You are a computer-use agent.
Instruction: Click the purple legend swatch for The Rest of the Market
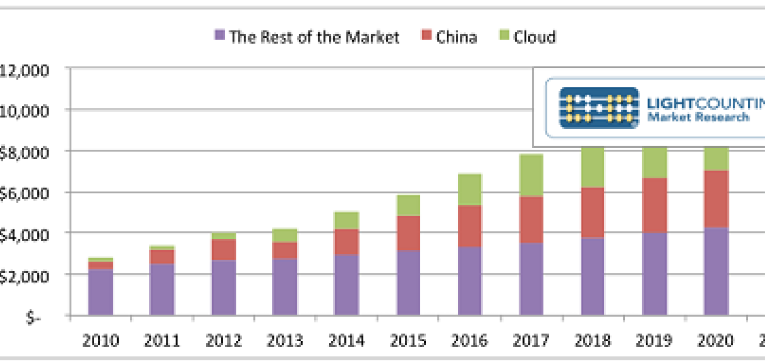tap(219, 35)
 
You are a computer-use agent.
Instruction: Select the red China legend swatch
tap(426, 35)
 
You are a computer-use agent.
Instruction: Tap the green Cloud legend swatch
tap(504, 35)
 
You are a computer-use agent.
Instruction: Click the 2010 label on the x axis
tap(101, 340)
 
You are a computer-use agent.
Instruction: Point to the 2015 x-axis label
tap(408, 340)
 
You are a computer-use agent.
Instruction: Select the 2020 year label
tap(715, 340)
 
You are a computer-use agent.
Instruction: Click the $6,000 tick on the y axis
tap(24, 194)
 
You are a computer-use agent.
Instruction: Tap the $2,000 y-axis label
tap(24, 276)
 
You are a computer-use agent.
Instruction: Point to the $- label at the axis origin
tap(33, 317)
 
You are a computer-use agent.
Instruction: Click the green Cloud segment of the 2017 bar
tap(531, 176)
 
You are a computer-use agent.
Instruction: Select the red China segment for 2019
tap(654, 205)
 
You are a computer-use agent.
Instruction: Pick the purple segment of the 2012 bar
tap(224, 288)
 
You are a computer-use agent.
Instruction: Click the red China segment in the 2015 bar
tap(408, 233)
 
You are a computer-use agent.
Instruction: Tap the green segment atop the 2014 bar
tap(347, 221)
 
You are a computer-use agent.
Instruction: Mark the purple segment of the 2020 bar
tap(716, 271)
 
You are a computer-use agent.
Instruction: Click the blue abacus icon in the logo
tap(598, 108)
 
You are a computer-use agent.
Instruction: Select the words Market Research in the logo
tap(698, 117)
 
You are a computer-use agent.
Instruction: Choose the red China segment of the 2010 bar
tap(101, 265)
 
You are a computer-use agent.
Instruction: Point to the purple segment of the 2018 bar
tap(592, 276)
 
